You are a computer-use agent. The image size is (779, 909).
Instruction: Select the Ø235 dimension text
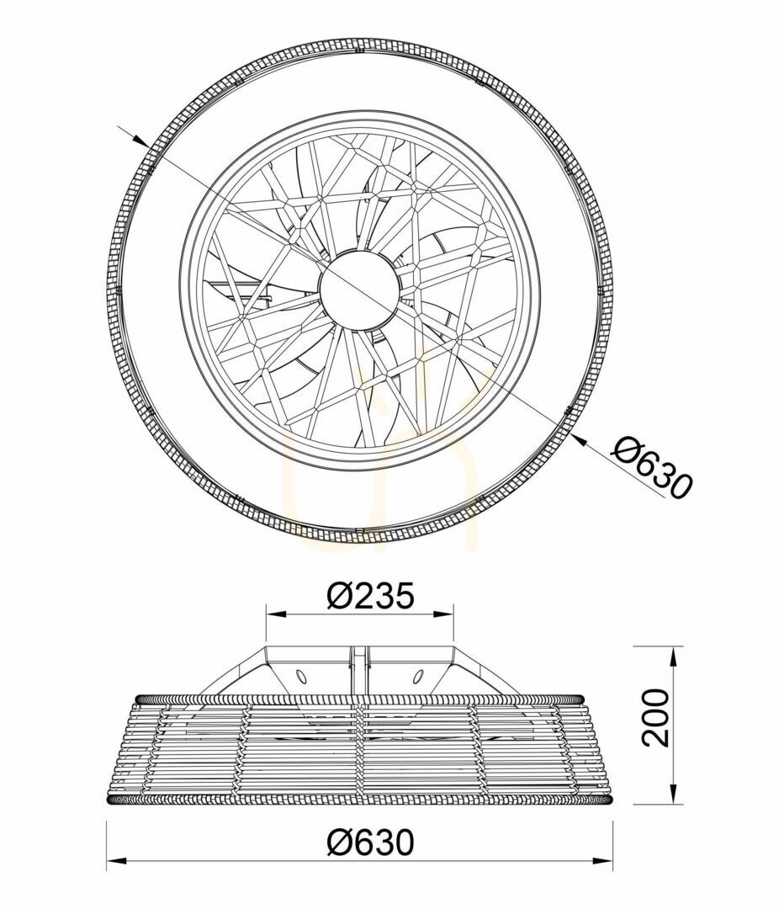(371, 596)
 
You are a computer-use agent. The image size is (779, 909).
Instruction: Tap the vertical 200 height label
(655, 718)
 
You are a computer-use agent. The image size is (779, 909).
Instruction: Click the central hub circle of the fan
(359, 289)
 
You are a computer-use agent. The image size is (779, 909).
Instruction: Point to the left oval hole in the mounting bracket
(301, 675)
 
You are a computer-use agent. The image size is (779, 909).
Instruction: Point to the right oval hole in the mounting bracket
(417, 675)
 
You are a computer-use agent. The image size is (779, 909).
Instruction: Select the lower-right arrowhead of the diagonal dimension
(577, 439)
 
